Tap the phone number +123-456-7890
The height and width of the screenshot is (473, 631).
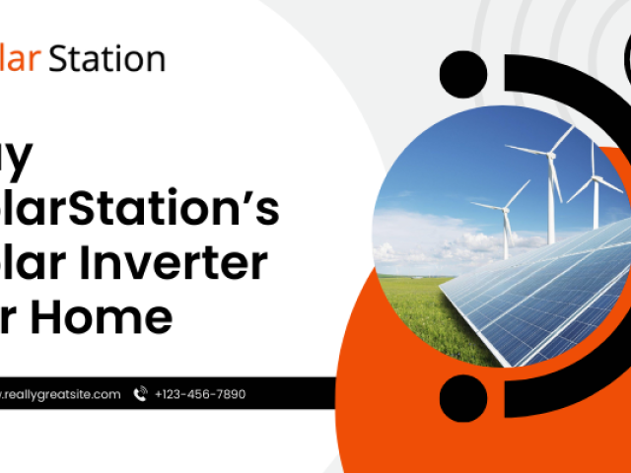[x=200, y=394]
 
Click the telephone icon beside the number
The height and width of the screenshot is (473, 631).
[x=140, y=394]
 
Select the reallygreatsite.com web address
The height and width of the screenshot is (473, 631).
[x=61, y=394]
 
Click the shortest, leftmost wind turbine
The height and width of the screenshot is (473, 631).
[x=506, y=223]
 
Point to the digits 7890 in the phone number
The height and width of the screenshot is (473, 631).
[x=228, y=394]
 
